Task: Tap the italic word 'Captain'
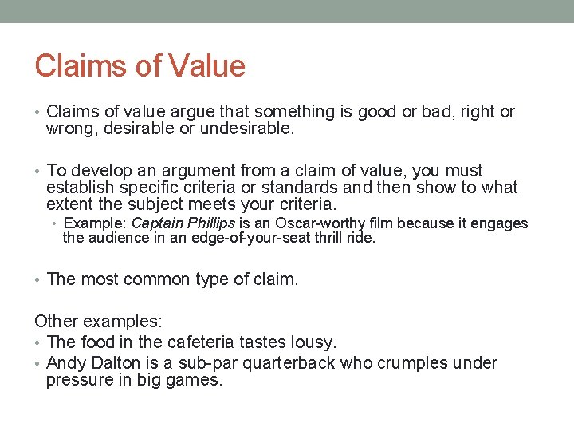[156, 224]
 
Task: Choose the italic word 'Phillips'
[213, 224]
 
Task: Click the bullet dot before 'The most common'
[38, 280]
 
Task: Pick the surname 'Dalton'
[108, 363]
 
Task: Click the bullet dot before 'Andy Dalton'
[38, 364]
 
